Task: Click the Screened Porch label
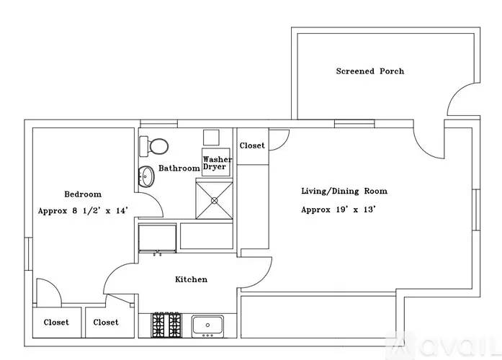pyautogui.click(x=369, y=71)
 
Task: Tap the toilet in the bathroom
pyautogui.click(x=154, y=146)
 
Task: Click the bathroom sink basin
pyautogui.click(x=147, y=176)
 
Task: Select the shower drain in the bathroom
pyautogui.click(x=214, y=201)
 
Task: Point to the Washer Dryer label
pyautogui.click(x=217, y=163)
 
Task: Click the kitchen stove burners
pyautogui.click(x=166, y=325)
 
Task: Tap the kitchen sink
pyautogui.click(x=207, y=326)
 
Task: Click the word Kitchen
pyautogui.click(x=191, y=279)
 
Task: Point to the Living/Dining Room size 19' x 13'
pyautogui.click(x=356, y=210)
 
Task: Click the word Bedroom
pyautogui.click(x=83, y=194)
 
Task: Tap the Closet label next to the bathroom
pyautogui.click(x=252, y=145)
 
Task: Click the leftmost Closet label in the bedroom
pyautogui.click(x=56, y=323)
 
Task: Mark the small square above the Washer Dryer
pyautogui.click(x=211, y=138)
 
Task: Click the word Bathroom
pyautogui.click(x=179, y=168)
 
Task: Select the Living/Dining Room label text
pyautogui.click(x=344, y=191)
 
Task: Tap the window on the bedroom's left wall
pyautogui.click(x=29, y=253)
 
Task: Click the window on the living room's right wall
pyautogui.click(x=476, y=210)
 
